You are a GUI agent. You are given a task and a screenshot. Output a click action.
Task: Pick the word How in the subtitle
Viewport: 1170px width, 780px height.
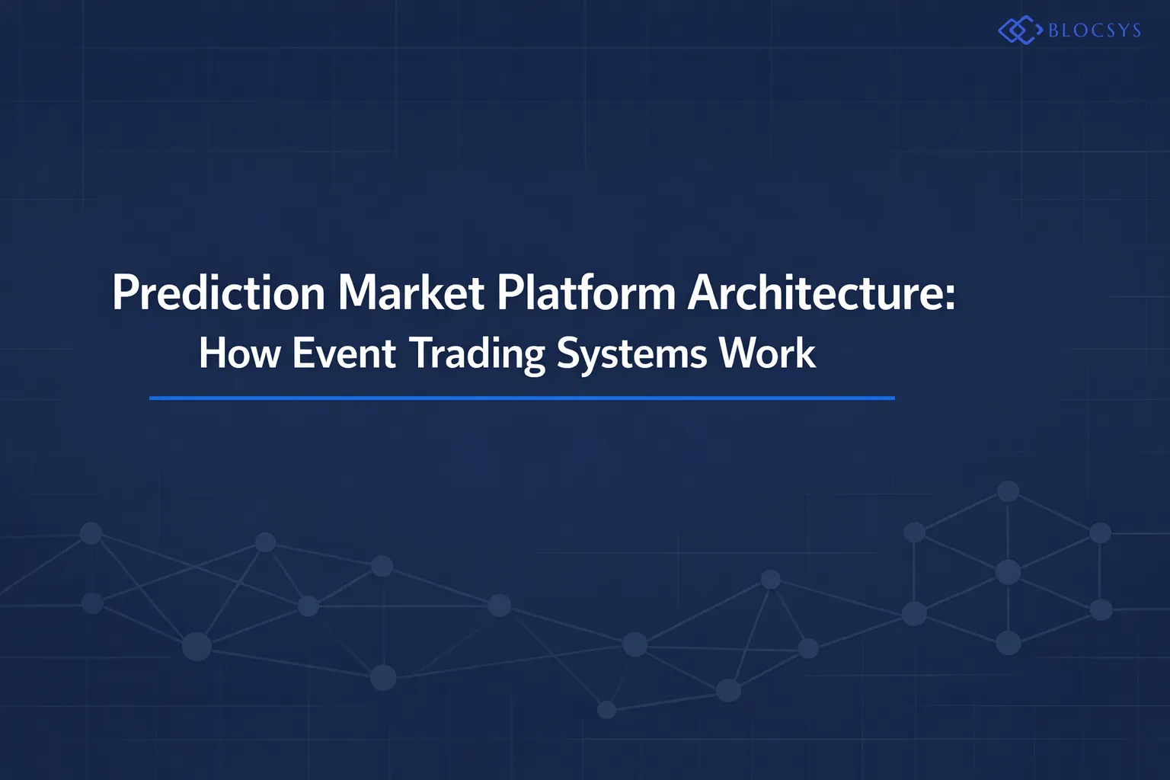(x=240, y=353)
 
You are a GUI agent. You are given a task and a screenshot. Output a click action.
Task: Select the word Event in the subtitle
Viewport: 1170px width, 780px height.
(x=344, y=353)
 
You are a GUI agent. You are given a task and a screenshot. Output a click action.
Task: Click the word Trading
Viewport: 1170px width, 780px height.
(x=476, y=355)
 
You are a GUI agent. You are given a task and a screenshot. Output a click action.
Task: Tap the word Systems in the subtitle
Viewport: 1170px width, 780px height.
(x=631, y=355)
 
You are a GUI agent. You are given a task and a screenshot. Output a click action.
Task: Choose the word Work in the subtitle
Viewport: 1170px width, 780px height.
(x=767, y=353)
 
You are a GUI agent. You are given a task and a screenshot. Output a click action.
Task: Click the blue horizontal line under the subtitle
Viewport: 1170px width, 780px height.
(x=522, y=398)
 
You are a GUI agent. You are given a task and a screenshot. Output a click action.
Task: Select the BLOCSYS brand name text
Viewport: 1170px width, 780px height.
(x=1095, y=30)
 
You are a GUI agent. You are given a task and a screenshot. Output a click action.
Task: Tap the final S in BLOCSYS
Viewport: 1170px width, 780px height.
(x=1136, y=30)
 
